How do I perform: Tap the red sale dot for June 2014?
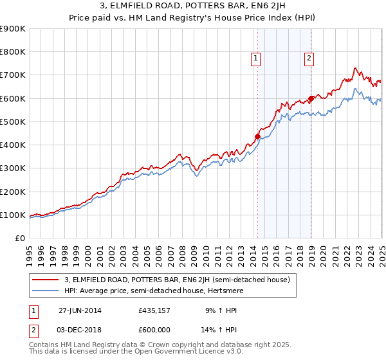point(257,136)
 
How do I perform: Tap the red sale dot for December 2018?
point(311,98)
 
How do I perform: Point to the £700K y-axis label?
point(12,75)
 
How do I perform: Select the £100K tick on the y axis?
point(12,215)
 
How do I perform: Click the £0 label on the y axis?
point(19,238)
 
